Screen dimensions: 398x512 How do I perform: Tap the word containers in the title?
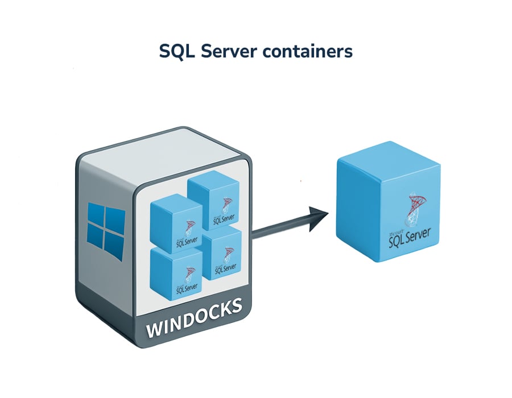pyautogui.click(x=307, y=51)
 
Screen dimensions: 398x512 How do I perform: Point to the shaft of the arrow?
pyautogui.click(x=279, y=228)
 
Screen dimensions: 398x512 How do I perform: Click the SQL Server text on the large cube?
pyautogui.click(x=410, y=239)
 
